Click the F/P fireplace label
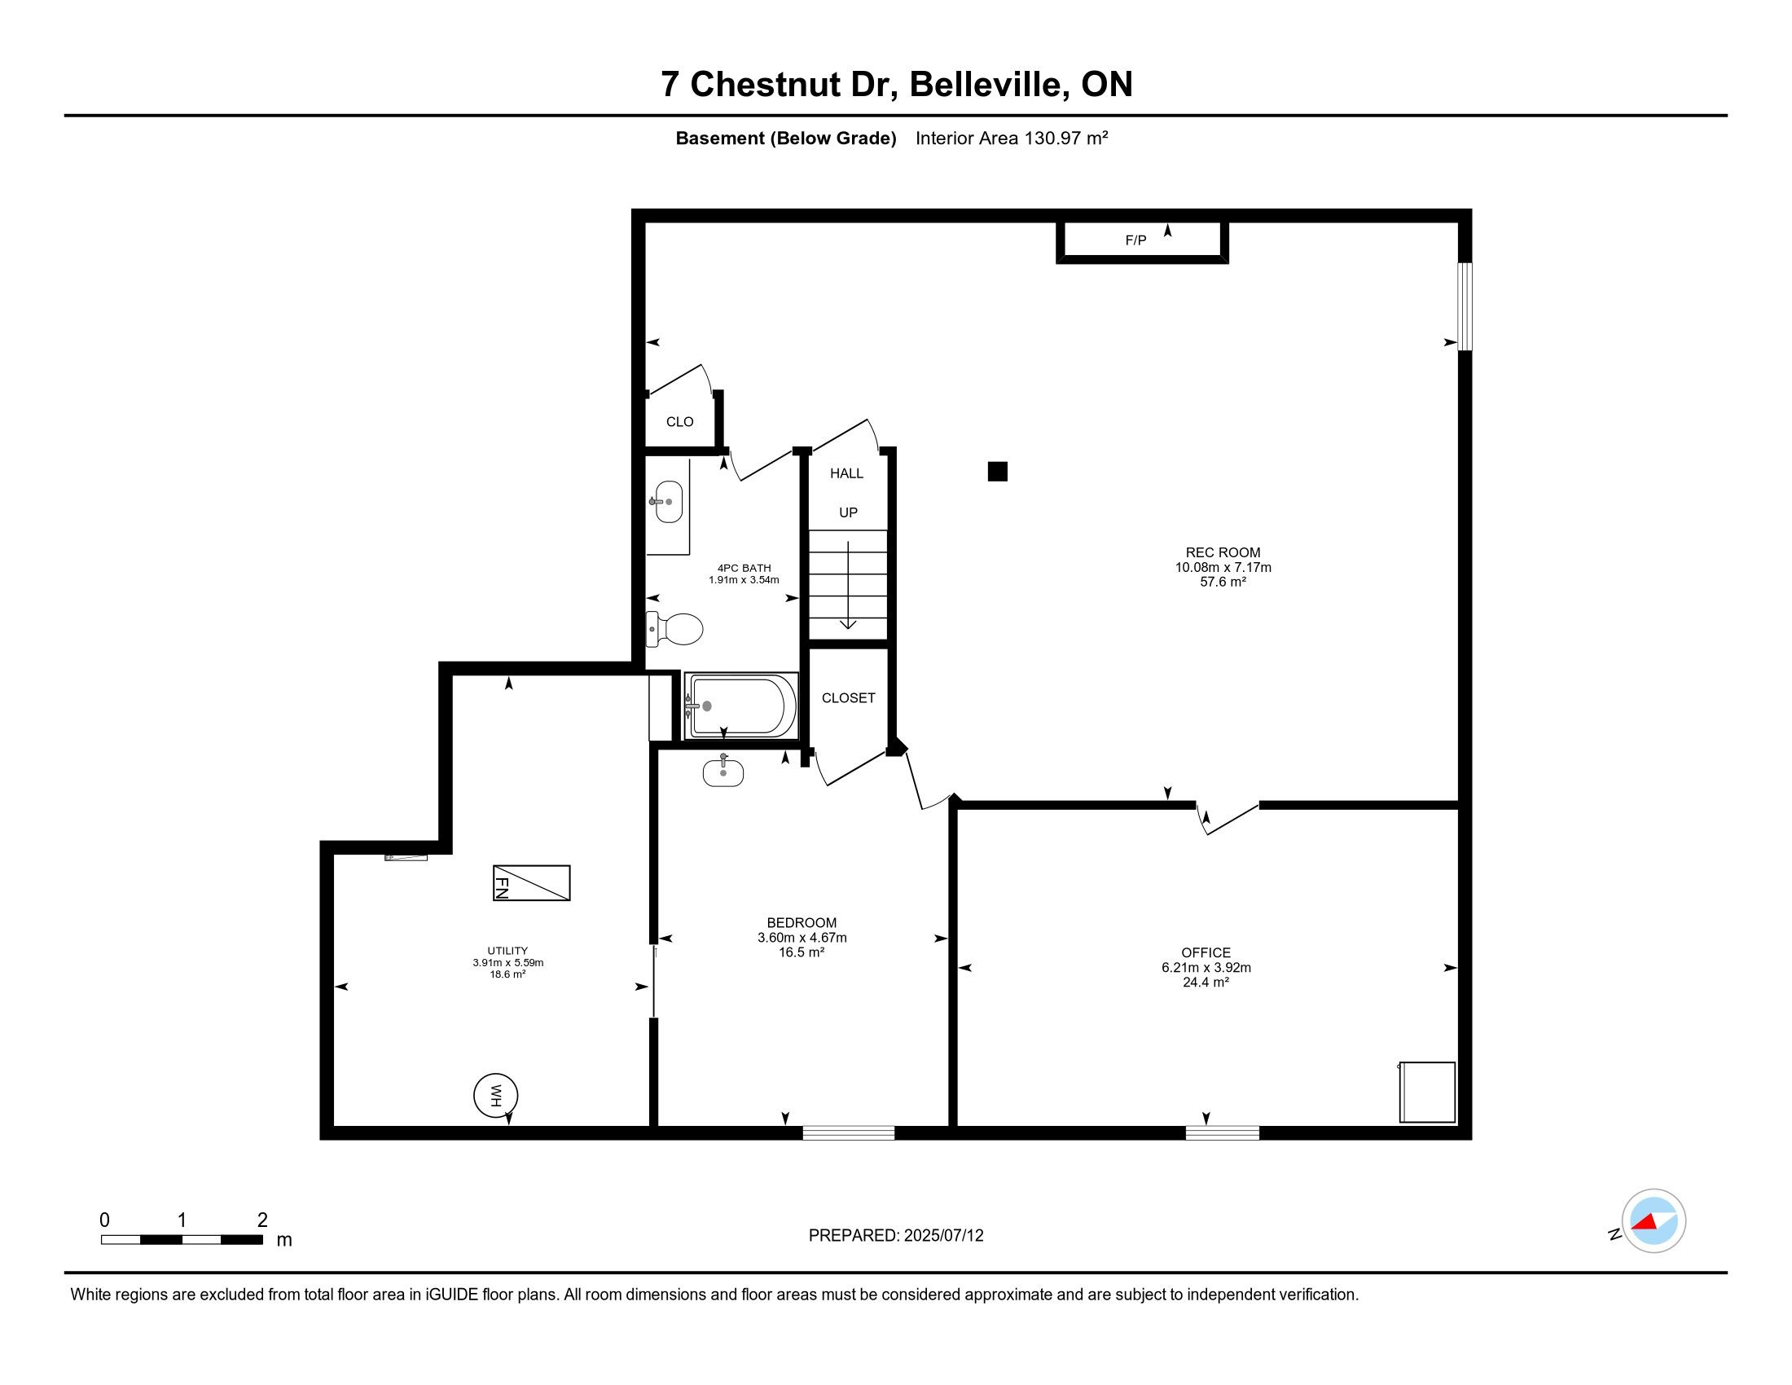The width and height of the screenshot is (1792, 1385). click(x=1135, y=240)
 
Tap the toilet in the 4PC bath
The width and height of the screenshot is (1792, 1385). click(x=674, y=629)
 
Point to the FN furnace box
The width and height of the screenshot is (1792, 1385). click(x=532, y=883)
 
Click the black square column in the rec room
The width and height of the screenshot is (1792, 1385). click(x=998, y=471)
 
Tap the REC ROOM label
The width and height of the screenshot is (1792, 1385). click(x=1223, y=553)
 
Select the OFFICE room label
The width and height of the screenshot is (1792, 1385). click(x=1206, y=952)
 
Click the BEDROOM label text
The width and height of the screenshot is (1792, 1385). click(x=802, y=923)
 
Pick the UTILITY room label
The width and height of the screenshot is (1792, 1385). click(x=508, y=951)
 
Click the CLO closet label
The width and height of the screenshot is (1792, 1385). click(x=679, y=422)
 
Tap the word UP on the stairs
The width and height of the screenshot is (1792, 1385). click(x=849, y=512)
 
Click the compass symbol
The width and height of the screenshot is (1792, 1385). click(x=1654, y=1221)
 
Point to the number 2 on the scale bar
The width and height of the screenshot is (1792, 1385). click(x=262, y=1220)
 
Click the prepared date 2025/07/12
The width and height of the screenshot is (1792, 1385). click(x=943, y=1236)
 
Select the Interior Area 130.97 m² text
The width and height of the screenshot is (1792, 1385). click(x=1012, y=138)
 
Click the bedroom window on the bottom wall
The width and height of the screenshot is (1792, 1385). click(x=849, y=1132)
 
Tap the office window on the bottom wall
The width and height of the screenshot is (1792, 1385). click(x=1223, y=1132)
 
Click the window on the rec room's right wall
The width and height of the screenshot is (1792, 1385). click(x=1465, y=306)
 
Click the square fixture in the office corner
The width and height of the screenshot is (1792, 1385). click(x=1427, y=1092)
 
